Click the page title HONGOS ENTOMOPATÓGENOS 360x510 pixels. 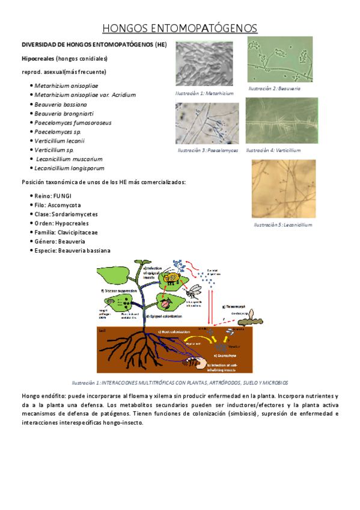pos(180,28)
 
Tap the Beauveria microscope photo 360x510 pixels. pos(280,60)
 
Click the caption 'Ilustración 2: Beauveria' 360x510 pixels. pos(275,88)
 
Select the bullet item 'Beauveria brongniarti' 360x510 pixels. pos(64,113)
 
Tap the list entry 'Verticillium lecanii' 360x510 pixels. pos(63,141)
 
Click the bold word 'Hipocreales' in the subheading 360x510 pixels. pos(37,58)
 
